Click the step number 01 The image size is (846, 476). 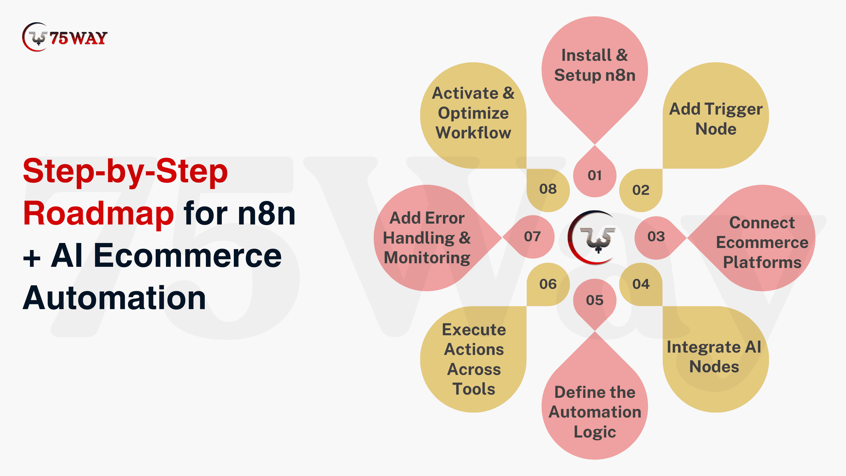click(595, 175)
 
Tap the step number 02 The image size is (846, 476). click(641, 190)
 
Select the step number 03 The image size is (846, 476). click(656, 237)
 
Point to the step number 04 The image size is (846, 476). click(641, 284)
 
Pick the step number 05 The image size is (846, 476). click(595, 300)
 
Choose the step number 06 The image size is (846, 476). click(548, 284)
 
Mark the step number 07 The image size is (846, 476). click(532, 237)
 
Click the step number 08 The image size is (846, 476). click(548, 189)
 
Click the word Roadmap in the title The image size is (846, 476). click(98, 214)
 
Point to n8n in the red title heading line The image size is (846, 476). click(267, 214)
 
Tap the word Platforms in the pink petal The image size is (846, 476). click(762, 262)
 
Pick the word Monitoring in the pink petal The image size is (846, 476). click(427, 258)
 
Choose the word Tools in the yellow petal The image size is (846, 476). click(474, 389)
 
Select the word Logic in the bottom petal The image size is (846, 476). click(595, 432)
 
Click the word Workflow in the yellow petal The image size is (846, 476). click(473, 133)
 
